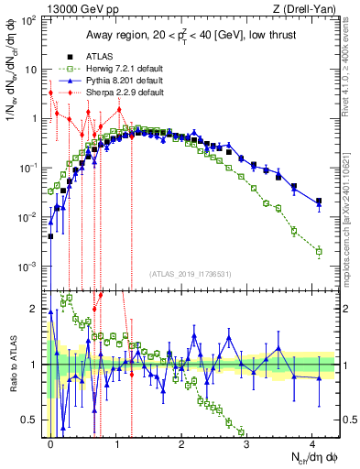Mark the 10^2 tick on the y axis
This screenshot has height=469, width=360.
tap(28, 20)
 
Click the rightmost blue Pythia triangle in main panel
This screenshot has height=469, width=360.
tap(318, 203)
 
